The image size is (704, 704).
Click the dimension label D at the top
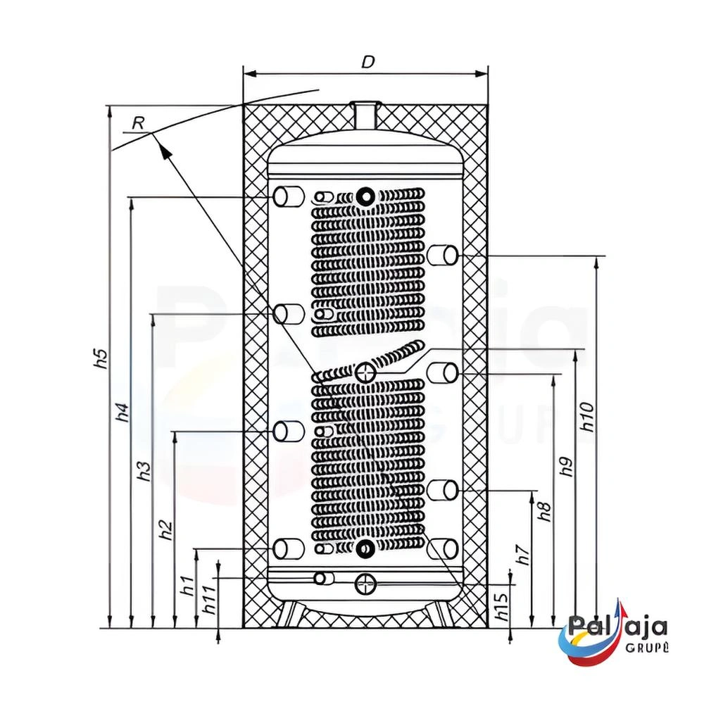(367, 62)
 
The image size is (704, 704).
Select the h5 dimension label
(103, 359)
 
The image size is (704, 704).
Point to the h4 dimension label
(123, 413)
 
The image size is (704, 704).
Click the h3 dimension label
(145, 471)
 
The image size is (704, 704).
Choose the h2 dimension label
(167, 530)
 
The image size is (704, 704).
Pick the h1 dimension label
(188, 586)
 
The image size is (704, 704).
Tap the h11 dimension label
(210, 600)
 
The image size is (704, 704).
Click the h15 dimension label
(503, 605)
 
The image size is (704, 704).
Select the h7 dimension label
(524, 555)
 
